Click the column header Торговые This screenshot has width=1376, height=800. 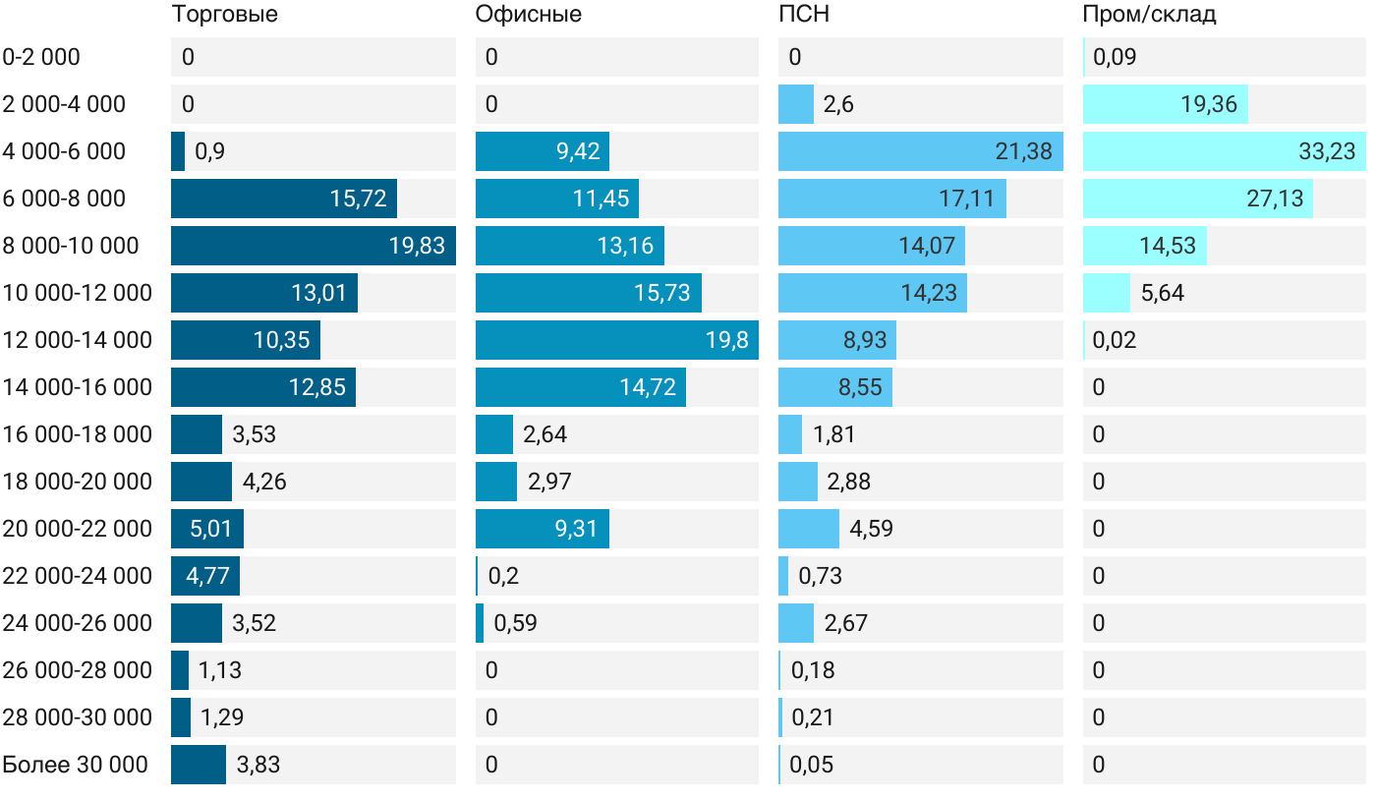coord(224,15)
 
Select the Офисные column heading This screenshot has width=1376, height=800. coord(528,15)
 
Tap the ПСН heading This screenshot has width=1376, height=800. coord(797,15)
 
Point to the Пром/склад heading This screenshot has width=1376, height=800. coord(1149,15)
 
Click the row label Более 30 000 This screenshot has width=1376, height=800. coord(75,765)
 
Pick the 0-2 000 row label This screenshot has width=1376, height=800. coord(41,57)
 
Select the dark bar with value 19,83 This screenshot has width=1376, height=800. coord(313,246)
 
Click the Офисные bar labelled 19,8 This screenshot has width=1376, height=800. coord(616,340)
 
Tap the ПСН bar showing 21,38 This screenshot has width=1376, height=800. coord(920,151)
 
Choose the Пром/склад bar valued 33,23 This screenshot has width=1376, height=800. coord(1225,151)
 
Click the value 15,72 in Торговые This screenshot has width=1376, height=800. coord(358,199)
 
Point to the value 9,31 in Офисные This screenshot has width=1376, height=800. coord(577,529)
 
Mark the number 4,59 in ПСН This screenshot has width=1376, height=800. coord(871,529)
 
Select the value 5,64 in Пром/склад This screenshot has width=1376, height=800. coord(1164,293)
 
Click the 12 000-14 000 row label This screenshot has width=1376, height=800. coord(78,340)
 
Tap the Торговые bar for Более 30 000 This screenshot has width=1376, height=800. coord(199,765)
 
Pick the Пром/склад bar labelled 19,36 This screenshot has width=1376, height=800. coord(1166,104)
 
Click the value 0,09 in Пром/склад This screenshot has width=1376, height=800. coord(1115,57)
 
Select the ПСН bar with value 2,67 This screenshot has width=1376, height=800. coord(796,623)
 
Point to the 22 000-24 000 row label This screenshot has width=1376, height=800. coord(78,576)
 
